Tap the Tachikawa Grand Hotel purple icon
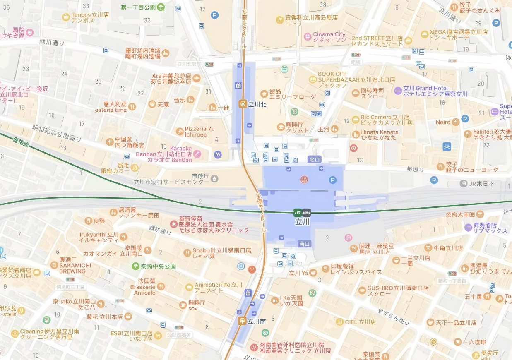[x=398, y=91]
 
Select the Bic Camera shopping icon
[x=356, y=120]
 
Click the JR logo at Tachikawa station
[x=298, y=212]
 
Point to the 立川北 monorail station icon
[x=243, y=104]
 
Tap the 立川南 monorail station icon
[x=243, y=321]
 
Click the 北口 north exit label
[x=315, y=159]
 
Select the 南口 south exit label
[x=304, y=244]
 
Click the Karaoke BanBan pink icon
[x=197, y=154]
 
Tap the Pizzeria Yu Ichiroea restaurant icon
[x=180, y=131]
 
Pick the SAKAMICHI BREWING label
[x=72, y=268]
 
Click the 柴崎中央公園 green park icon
[x=135, y=266]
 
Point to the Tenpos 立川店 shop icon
[x=65, y=17]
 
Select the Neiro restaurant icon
[x=456, y=122]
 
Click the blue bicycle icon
[x=446, y=146]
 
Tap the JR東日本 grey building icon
[x=464, y=183]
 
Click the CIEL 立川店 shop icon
[x=339, y=322]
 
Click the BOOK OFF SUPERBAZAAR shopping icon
[x=313, y=79]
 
